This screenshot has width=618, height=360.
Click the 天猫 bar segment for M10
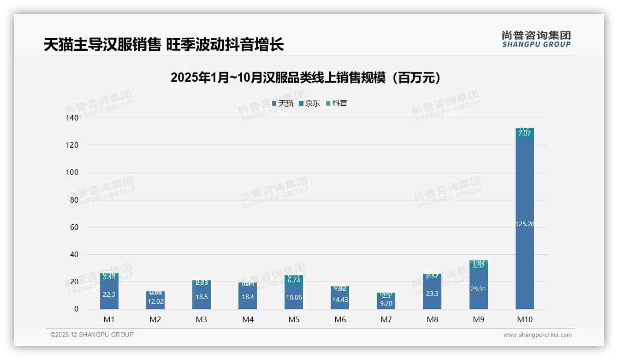tap(524, 194)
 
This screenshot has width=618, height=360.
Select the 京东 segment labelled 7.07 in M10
tap(524, 133)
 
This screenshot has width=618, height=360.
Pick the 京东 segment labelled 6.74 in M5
tap(294, 280)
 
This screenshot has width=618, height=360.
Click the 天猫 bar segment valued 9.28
tap(386, 303)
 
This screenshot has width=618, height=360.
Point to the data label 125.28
tap(524, 224)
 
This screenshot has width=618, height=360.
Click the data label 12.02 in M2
tap(155, 301)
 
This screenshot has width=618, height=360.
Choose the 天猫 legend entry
tap(283, 103)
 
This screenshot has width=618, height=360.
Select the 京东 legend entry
tap(309, 103)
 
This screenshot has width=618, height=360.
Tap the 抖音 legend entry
tap(337, 103)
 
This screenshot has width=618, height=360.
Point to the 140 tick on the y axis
tap(72, 118)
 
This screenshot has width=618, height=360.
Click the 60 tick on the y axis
tap(74, 227)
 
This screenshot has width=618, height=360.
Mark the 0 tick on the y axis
tap(76, 309)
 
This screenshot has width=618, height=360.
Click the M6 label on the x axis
tap(340, 319)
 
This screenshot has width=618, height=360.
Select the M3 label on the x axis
tap(202, 319)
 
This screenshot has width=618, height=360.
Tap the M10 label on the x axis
tap(524, 319)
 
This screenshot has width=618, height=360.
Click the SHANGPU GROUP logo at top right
tap(536, 39)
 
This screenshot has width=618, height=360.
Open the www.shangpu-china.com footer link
tap(537, 335)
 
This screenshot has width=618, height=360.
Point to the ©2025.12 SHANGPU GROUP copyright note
tap(92, 335)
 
